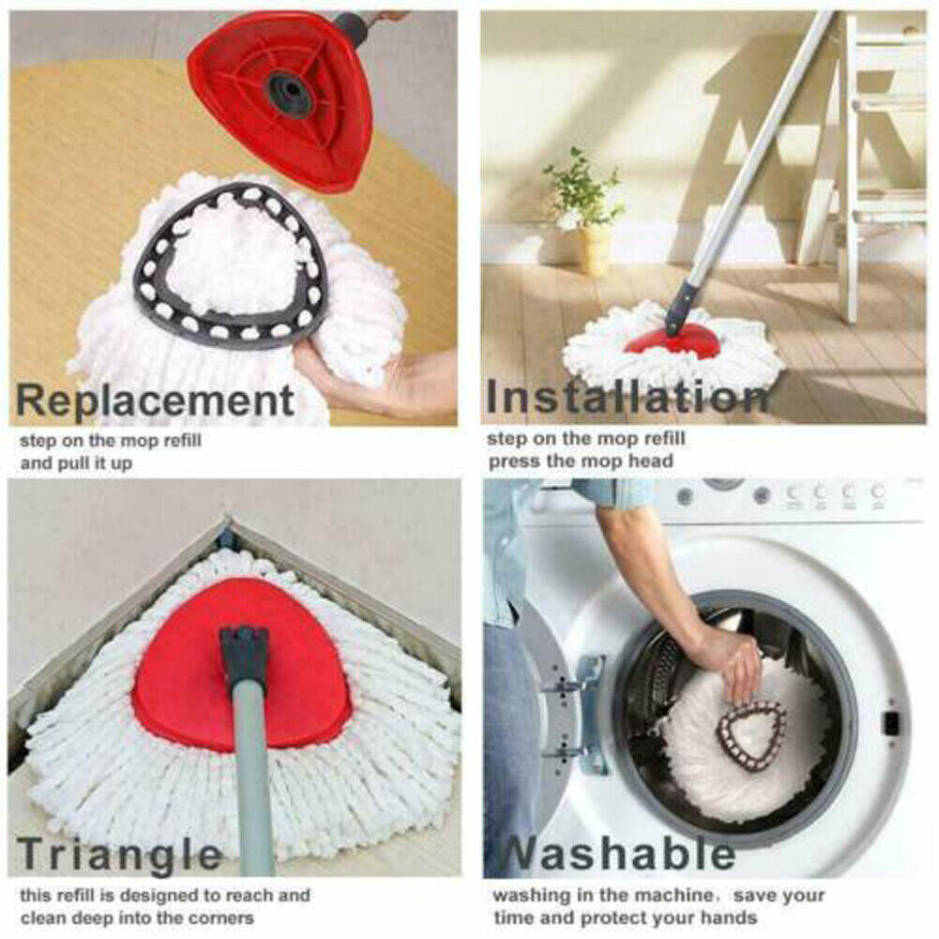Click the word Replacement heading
[x=156, y=401]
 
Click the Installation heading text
[x=626, y=397]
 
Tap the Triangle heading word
[x=120, y=855]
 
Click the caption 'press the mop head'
[x=581, y=461]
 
